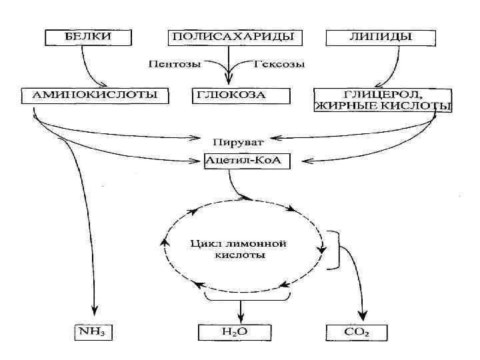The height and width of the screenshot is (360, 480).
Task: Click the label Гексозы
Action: click(281, 65)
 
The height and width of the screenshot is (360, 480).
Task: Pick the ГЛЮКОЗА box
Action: click(231, 95)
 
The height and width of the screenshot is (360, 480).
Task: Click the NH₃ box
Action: click(95, 331)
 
